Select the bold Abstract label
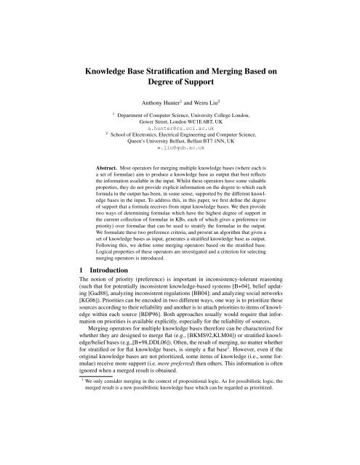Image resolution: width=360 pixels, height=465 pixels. click(x=113, y=187)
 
